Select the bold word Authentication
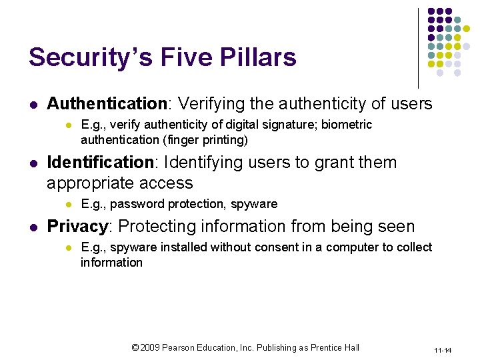click(106, 104)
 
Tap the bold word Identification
click(100, 163)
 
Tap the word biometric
click(349, 125)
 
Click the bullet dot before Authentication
click(33, 105)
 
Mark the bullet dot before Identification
click(33, 163)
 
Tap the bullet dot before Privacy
click(33, 227)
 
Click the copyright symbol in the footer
click(135, 347)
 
